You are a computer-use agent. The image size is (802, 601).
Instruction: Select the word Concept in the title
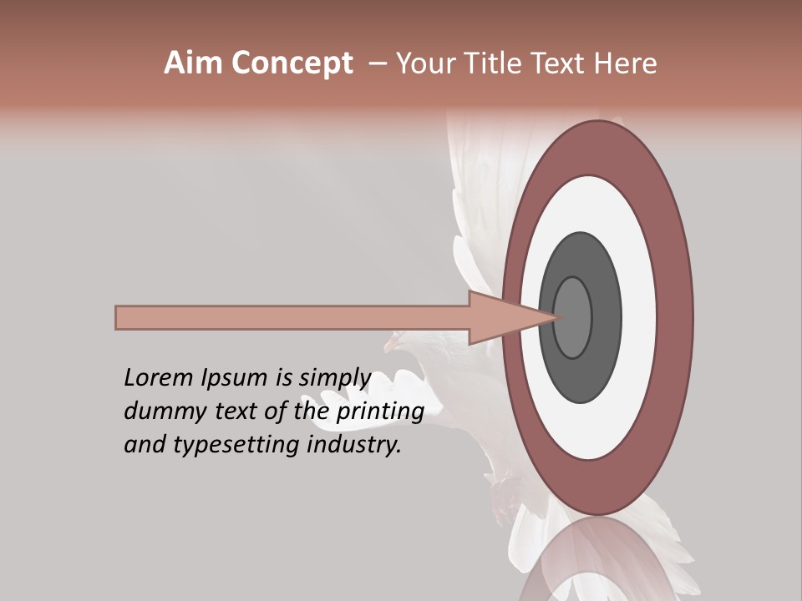point(292,63)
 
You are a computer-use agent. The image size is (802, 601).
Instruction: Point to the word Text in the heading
point(561,63)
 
